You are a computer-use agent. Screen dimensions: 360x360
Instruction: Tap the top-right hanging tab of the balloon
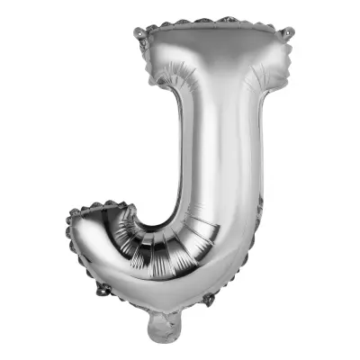point(288,33)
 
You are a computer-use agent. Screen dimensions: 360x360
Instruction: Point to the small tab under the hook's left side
point(101,290)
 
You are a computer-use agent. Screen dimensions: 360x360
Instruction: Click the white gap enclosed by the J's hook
point(157,193)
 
